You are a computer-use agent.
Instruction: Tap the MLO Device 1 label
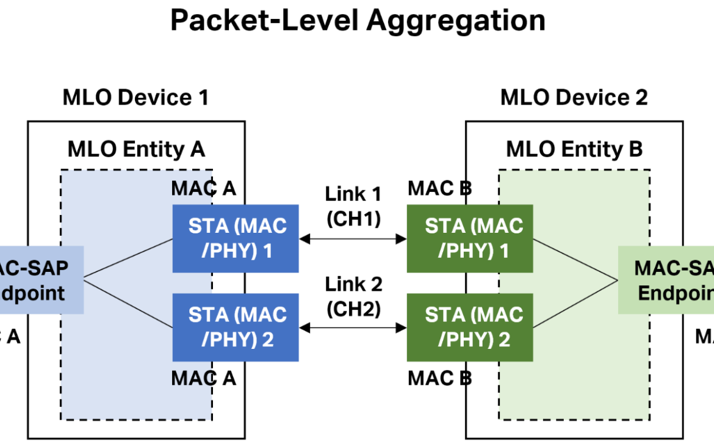click(135, 98)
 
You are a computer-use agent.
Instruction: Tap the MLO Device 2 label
click(574, 98)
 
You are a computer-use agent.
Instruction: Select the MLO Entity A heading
click(136, 149)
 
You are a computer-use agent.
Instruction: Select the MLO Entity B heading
click(574, 149)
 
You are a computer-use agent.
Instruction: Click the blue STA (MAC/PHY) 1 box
click(236, 238)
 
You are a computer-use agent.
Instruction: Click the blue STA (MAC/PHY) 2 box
click(236, 327)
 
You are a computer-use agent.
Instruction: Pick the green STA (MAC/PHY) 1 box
click(470, 238)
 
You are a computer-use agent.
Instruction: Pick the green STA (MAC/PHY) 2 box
click(470, 327)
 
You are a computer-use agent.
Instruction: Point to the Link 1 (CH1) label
click(353, 207)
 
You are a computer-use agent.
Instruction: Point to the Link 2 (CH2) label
click(353, 296)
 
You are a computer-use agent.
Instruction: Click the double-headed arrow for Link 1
click(353, 239)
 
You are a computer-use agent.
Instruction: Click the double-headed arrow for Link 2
click(353, 328)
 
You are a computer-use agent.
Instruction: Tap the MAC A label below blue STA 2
click(203, 378)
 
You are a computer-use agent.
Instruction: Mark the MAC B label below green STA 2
click(439, 378)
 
